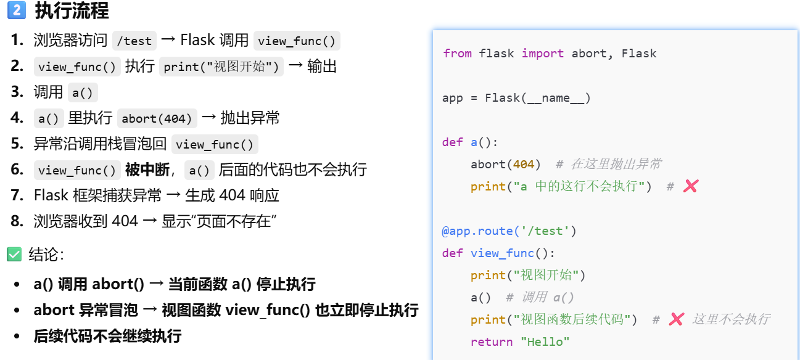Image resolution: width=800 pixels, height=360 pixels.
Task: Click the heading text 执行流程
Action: [72, 10]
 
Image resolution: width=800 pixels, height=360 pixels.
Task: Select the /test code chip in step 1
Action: [134, 41]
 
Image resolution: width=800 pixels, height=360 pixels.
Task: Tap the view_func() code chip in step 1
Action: [297, 41]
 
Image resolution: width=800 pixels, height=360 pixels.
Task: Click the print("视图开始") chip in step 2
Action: [221, 67]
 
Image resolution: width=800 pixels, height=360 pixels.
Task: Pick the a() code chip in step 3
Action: [83, 92]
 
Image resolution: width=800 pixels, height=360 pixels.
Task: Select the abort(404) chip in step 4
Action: [157, 118]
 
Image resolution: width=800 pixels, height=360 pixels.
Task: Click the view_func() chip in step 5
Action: [215, 144]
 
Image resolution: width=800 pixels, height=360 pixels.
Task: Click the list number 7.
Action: [17, 195]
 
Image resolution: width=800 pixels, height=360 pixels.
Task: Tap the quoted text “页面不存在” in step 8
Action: [235, 221]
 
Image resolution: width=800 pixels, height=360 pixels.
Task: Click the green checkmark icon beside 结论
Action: [14, 255]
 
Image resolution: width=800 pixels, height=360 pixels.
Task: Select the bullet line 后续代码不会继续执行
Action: [107, 336]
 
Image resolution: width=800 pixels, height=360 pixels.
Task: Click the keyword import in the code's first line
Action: [542, 54]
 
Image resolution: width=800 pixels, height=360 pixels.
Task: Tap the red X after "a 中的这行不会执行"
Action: [691, 186]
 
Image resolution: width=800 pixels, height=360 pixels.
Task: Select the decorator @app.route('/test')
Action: [509, 231]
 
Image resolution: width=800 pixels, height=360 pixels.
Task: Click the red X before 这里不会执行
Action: [676, 319]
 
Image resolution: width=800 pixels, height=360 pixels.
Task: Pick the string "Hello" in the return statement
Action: [545, 342]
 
